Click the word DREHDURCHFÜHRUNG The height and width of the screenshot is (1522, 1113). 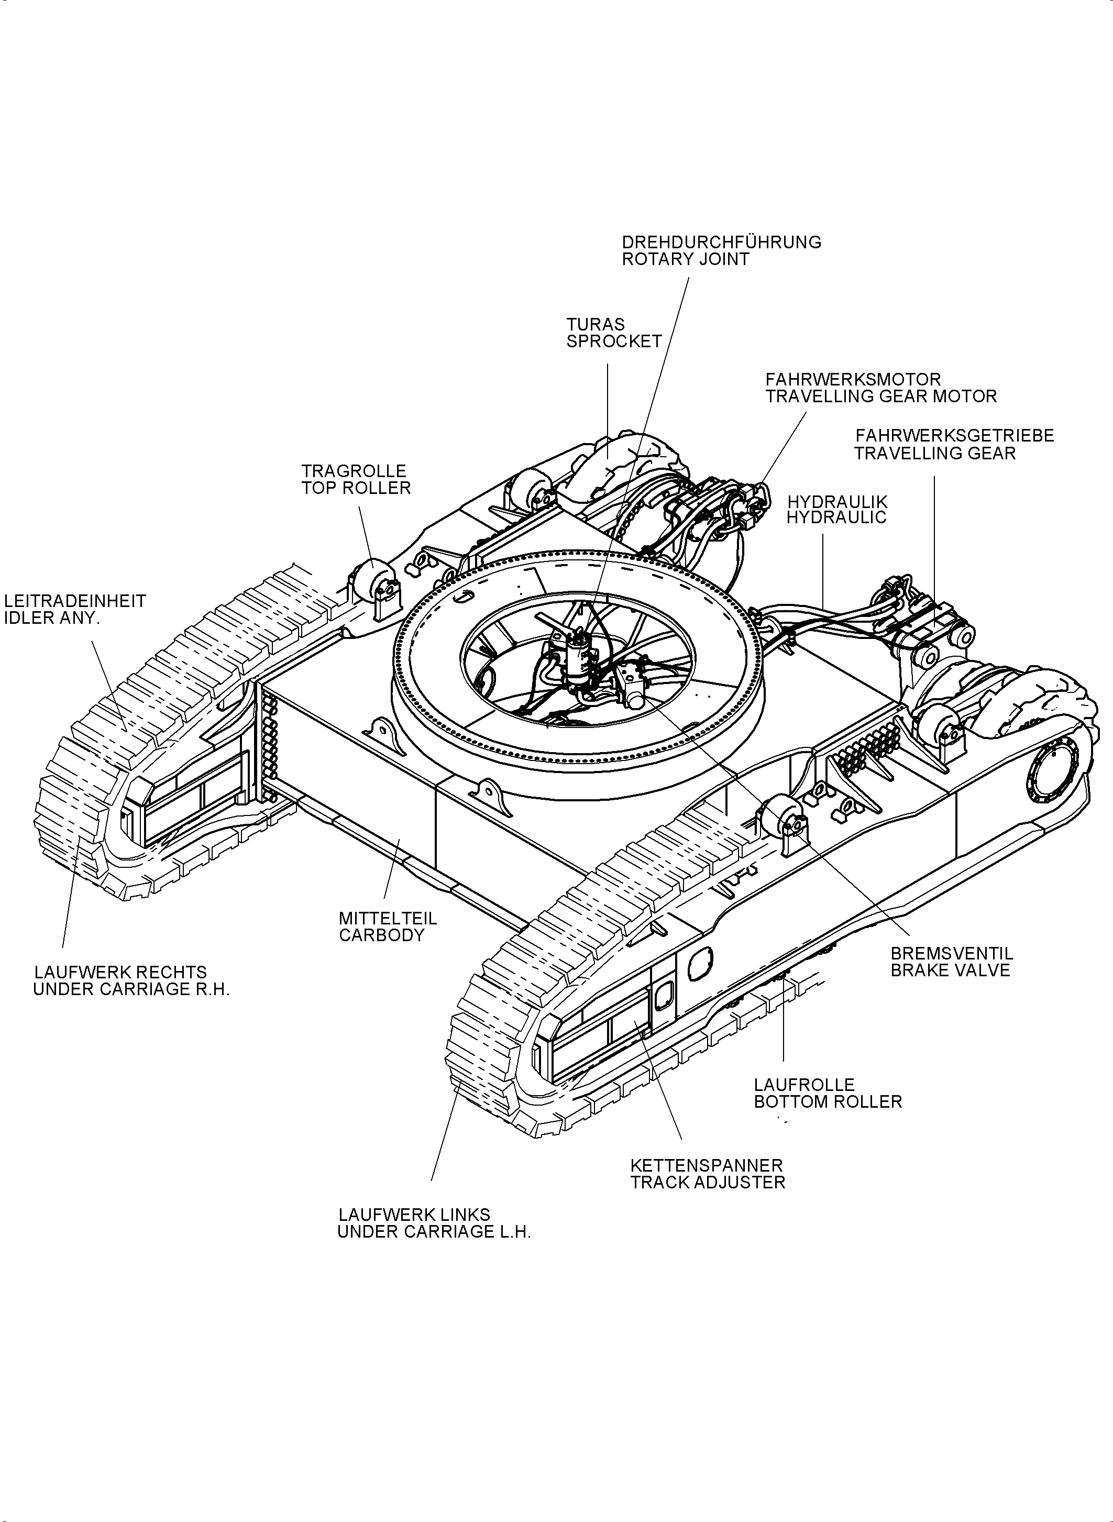(721, 242)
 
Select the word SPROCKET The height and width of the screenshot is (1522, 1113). (614, 341)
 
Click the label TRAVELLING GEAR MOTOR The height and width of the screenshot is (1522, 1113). (880, 397)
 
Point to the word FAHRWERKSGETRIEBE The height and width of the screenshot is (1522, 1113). (954, 436)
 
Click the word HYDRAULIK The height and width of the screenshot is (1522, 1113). (837, 502)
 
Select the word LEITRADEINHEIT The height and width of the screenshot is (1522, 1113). (75, 601)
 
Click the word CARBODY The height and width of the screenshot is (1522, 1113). (381, 935)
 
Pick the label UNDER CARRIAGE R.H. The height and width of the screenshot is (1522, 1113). (131, 990)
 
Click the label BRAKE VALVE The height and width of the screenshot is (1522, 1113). (950, 971)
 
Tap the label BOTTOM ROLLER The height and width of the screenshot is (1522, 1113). (828, 1102)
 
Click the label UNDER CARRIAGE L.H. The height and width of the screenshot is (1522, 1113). (434, 1232)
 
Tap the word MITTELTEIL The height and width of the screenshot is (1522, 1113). (388, 918)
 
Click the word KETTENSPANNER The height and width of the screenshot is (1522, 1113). (706, 1165)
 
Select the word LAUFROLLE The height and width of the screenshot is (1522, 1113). (804, 1085)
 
